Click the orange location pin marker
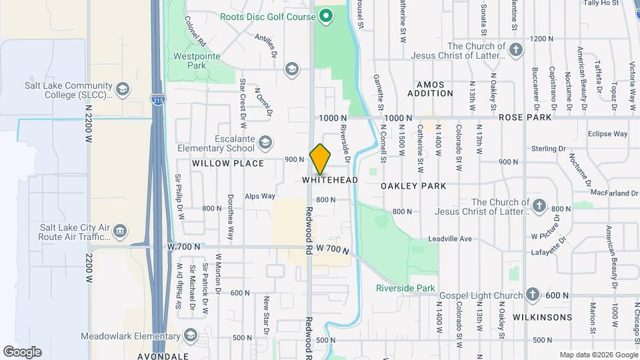[320, 159]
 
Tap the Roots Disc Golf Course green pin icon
[326, 16]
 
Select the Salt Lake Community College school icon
[122, 89]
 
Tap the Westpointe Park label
[197, 61]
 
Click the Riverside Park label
[405, 289]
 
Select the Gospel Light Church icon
[532, 295]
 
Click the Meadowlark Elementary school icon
[191, 335]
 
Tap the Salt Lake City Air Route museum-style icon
[120, 231]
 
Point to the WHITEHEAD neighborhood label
[330, 180]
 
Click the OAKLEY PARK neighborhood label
[413, 186]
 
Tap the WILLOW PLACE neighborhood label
[219, 163]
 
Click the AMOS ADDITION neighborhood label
[435, 89]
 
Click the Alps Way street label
[260, 196]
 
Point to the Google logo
[22, 351]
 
